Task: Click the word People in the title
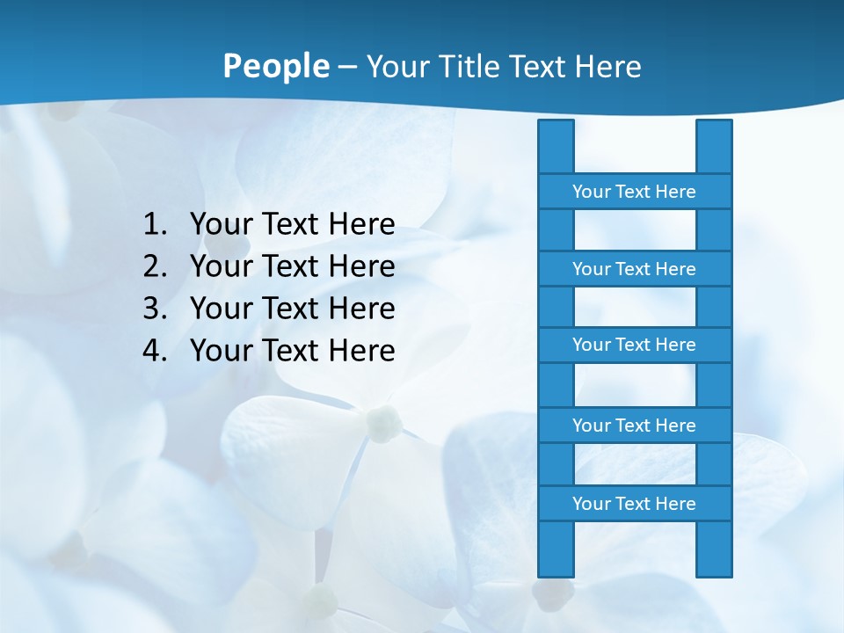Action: (275, 66)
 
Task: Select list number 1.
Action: (154, 224)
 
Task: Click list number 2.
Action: (154, 266)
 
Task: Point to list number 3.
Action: (154, 309)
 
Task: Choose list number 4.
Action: (154, 351)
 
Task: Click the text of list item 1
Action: (292, 224)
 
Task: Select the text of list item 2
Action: (292, 266)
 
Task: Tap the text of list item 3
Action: (292, 309)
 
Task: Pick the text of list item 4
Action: (292, 351)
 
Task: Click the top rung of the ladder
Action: (634, 192)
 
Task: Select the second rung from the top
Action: (634, 269)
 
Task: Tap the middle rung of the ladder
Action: (634, 345)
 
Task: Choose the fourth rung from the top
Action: (634, 426)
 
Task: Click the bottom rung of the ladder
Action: (634, 504)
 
